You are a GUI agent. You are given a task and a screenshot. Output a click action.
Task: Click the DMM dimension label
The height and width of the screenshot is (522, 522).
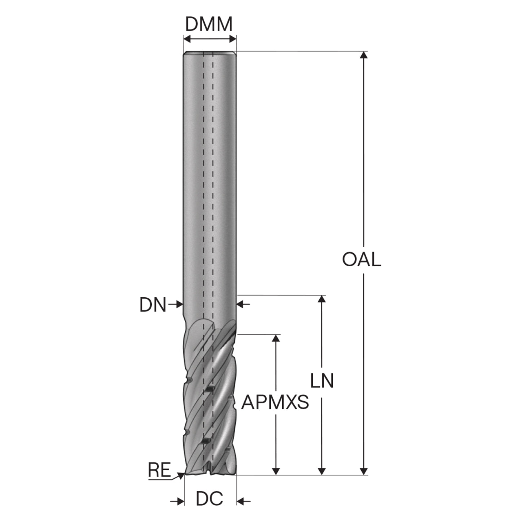pyautogui.click(x=208, y=24)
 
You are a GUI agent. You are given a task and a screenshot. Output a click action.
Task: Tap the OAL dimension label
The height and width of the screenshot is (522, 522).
pyautogui.click(x=361, y=259)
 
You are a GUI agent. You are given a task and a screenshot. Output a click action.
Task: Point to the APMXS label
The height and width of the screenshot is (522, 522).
pyautogui.click(x=275, y=402)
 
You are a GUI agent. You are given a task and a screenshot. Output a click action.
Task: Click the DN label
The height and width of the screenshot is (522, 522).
pyautogui.click(x=153, y=305)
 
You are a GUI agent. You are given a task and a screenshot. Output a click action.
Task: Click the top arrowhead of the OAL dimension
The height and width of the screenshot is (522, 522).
pyautogui.click(x=363, y=55)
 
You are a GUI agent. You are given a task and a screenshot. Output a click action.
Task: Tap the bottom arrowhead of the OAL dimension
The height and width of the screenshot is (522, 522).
pyautogui.click(x=363, y=471)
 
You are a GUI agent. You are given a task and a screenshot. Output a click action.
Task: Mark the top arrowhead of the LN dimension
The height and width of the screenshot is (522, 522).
pyautogui.click(x=322, y=299)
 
